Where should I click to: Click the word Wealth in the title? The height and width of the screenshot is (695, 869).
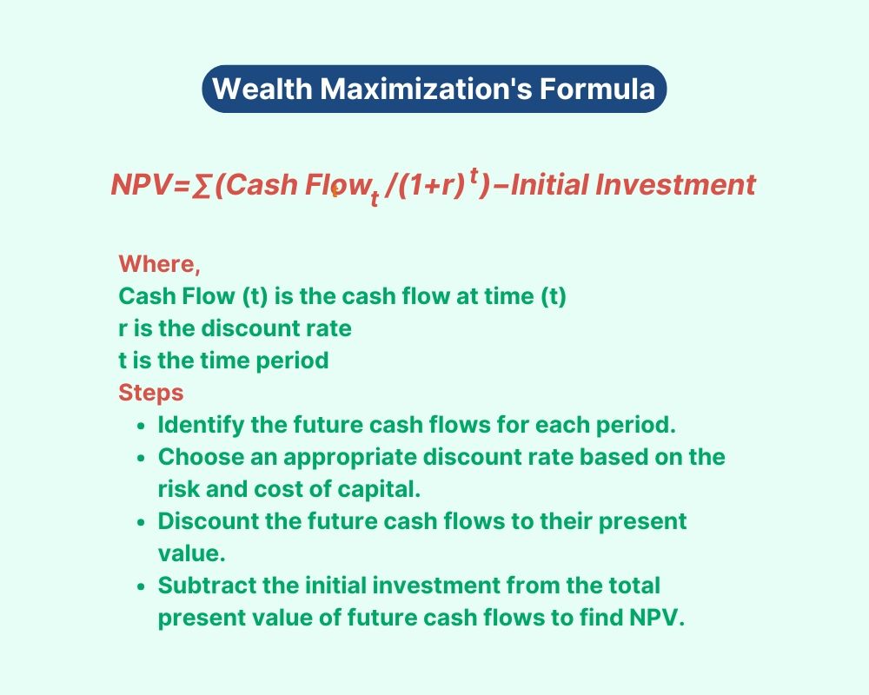[x=262, y=89]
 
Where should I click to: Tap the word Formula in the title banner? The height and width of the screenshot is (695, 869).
[x=598, y=89]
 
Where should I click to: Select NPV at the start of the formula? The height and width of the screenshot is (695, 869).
[x=142, y=184]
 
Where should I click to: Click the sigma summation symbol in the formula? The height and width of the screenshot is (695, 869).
[x=201, y=186]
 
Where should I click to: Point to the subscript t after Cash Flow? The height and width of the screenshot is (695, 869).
[x=375, y=197]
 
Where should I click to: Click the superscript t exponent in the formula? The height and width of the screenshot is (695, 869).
[x=474, y=175]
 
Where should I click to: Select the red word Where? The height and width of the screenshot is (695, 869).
[x=159, y=264]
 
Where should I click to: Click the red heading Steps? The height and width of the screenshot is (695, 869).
[x=150, y=393]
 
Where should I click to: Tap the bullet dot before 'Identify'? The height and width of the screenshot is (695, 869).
[x=142, y=427]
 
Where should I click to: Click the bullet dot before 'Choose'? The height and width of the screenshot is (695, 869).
[x=142, y=459]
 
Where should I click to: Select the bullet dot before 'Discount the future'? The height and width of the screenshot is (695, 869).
[x=142, y=523]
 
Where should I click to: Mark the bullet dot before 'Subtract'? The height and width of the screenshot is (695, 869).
[x=142, y=587]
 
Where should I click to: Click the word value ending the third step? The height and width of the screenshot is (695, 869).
[x=192, y=553]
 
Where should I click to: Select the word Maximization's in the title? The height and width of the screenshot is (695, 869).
[x=426, y=89]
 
